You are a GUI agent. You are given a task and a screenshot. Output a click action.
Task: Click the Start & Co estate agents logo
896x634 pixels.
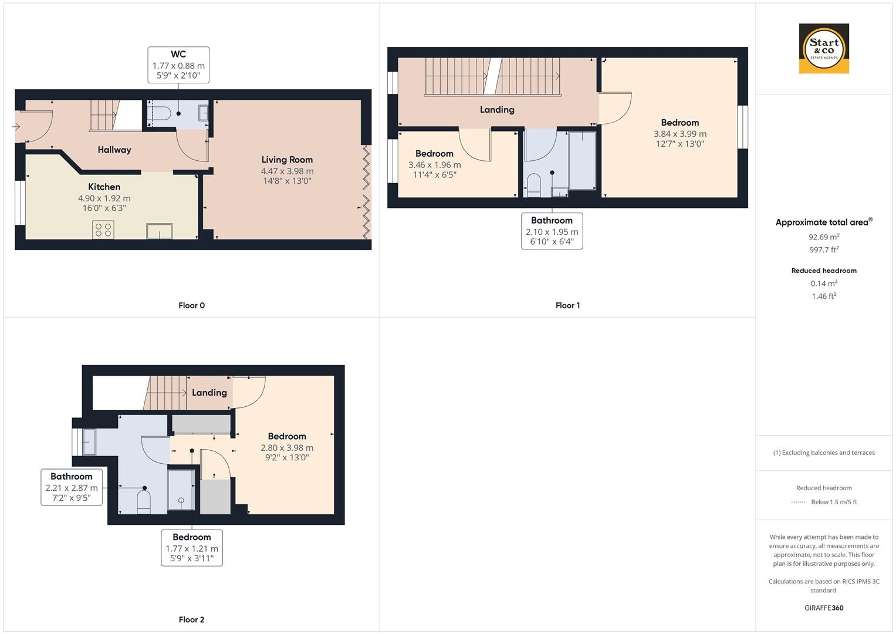click(824, 49)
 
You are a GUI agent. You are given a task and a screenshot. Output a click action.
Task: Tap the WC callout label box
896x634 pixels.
click(178, 65)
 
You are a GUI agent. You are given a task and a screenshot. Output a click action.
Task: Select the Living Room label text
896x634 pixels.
click(287, 160)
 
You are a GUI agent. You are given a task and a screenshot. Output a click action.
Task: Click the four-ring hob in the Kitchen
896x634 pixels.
click(103, 230)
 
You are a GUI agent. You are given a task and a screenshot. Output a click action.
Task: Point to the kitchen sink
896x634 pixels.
click(160, 231)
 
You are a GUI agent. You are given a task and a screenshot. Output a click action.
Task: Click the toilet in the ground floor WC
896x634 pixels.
click(160, 113)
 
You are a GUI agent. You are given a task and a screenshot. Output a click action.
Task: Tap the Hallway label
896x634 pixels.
click(114, 150)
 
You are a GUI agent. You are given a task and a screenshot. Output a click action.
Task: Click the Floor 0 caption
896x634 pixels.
click(191, 305)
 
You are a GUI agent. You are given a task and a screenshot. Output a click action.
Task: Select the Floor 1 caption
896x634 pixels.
click(567, 305)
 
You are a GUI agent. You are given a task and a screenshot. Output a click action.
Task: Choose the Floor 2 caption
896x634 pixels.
click(191, 619)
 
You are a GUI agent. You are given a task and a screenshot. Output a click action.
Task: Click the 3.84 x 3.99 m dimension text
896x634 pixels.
click(680, 134)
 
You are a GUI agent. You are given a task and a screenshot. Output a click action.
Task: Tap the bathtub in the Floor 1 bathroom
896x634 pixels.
click(582, 160)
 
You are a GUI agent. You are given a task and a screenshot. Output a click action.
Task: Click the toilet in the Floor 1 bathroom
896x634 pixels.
click(533, 185)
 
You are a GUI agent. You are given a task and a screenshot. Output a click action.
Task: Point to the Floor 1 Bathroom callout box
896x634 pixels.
click(552, 231)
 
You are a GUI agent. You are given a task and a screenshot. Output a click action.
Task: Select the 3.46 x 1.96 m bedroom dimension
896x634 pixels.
click(434, 165)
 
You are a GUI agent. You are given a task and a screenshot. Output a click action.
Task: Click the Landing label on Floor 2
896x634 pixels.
click(209, 393)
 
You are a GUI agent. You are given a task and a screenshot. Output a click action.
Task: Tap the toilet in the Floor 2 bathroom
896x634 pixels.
click(144, 502)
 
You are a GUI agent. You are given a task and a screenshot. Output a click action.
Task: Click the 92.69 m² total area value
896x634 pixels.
click(824, 237)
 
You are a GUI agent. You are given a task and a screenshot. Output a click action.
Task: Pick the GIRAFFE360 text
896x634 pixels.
click(824, 608)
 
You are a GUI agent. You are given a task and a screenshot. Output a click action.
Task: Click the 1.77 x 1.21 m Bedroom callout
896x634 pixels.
click(192, 548)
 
